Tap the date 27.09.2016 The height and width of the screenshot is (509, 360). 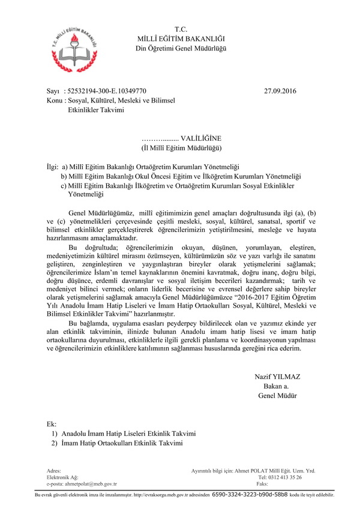(280, 91)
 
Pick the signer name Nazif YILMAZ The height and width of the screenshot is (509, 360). (277, 377)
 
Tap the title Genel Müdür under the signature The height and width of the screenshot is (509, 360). (277, 396)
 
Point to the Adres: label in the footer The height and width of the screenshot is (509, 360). (53, 471)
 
